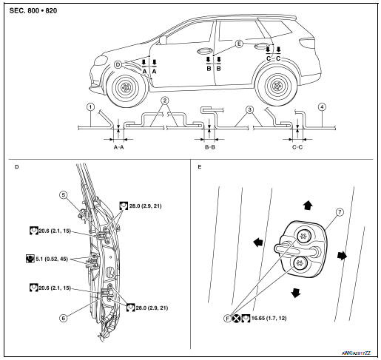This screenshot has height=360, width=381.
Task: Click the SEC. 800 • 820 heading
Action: (x=33, y=10)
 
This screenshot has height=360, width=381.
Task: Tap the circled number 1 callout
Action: (x=91, y=107)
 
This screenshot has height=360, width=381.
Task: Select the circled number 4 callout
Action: (x=322, y=107)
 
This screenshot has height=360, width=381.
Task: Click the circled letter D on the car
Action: (x=118, y=65)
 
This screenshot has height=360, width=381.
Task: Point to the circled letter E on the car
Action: (x=239, y=44)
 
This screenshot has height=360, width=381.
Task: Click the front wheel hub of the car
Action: (x=126, y=87)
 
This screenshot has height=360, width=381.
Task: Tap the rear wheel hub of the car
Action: (x=276, y=86)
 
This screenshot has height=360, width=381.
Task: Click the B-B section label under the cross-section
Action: (x=210, y=147)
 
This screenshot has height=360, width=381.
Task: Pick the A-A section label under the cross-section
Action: (x=118, y=147)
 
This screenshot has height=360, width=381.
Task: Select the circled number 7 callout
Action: (x=340, y=212)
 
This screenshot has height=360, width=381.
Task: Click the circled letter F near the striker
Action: (x=227, y=319)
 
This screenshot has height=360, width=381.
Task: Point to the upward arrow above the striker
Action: (x=308, y=205)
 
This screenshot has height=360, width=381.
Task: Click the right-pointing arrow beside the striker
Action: (x=342, y=256)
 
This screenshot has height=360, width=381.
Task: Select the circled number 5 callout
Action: (x=64, y=195)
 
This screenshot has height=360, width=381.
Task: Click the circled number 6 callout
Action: (x=64, y=318)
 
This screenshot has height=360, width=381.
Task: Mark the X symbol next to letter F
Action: (x=236, y=319)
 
